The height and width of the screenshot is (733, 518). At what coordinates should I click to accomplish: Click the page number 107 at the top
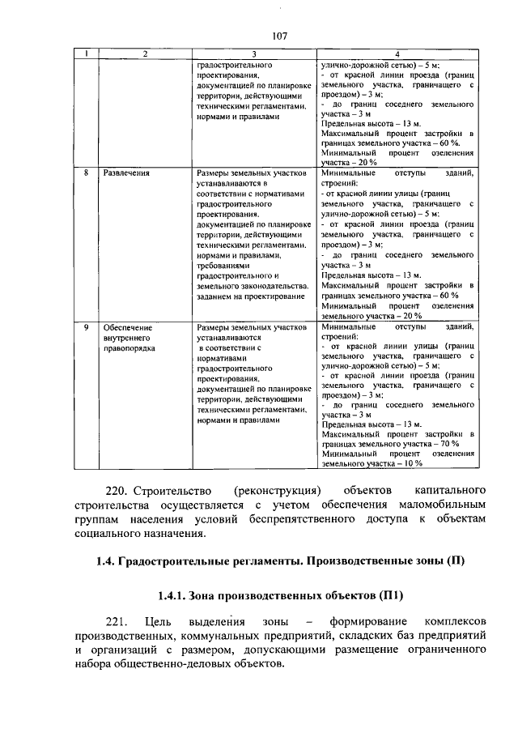click(x=280, y=36)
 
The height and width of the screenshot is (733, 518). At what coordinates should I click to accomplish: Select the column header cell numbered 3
click(x=253, y=53)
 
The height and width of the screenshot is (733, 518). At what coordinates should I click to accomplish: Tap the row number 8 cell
click(x=87, y=173)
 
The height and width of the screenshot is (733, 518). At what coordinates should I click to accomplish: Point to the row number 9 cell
click(x=87, y=327)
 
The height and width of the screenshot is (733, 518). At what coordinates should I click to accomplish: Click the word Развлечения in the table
click(x=126, y=173)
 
